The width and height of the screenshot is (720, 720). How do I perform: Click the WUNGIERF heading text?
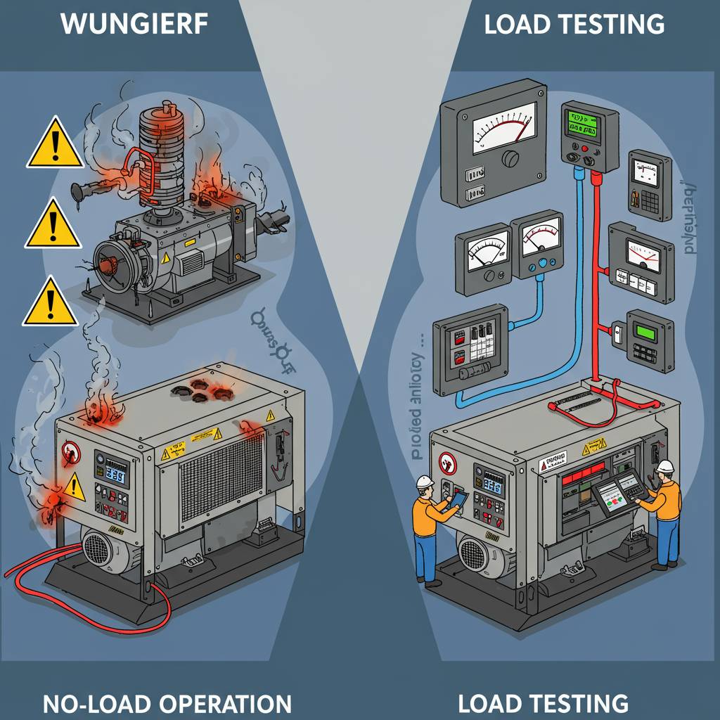click(x=134, y=24)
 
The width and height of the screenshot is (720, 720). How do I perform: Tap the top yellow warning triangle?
click(x=54, y=144)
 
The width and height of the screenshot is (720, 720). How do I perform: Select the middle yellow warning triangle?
click(x=52, y=224)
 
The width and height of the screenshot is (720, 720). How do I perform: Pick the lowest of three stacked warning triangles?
click(x=50, y=303)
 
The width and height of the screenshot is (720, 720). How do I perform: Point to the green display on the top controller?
click(x=585, y=124)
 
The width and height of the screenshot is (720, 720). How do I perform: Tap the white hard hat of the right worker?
click(x=665, y=467)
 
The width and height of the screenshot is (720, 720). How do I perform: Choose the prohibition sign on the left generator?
click(x=71, y=451)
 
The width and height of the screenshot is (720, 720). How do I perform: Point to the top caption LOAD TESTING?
click(x=574, y=24)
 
